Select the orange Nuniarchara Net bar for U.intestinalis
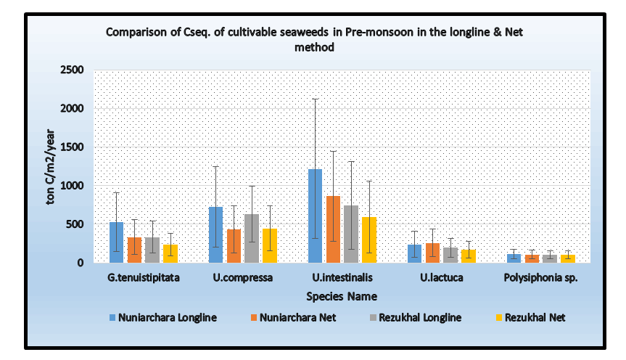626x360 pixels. tap(333, 229)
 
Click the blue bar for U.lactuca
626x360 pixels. tap(414, 253)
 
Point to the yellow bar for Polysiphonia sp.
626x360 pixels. tap(568, 258)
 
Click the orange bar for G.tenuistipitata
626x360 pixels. tap(135, 250)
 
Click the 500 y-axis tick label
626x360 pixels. tap(76, 224)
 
